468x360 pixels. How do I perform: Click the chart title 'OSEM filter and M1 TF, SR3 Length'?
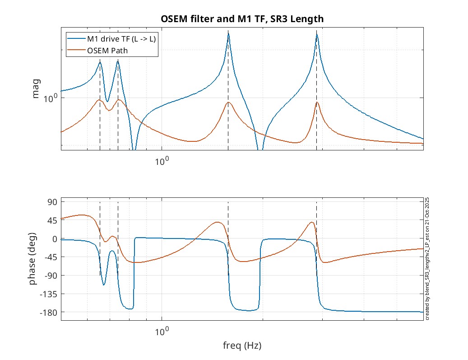(242, 19)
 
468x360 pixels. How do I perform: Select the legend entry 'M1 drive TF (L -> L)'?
(121, 39)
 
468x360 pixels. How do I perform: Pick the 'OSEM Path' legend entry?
(107, 51)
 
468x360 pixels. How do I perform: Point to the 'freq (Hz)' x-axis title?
(242, 346)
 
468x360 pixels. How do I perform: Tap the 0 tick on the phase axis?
(53, 238)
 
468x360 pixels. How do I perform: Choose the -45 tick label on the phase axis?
(50, 257)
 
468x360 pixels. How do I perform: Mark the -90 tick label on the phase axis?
(50, 276)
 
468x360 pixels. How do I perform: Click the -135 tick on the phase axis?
(48, 294)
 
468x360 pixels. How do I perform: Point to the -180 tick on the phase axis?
(48, 313)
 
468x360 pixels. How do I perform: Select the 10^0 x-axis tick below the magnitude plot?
(161, 160)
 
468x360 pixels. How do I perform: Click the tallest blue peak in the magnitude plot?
(228, 34)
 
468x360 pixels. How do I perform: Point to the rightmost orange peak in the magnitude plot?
(317, 103)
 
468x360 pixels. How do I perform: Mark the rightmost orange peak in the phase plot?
(312, 222)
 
